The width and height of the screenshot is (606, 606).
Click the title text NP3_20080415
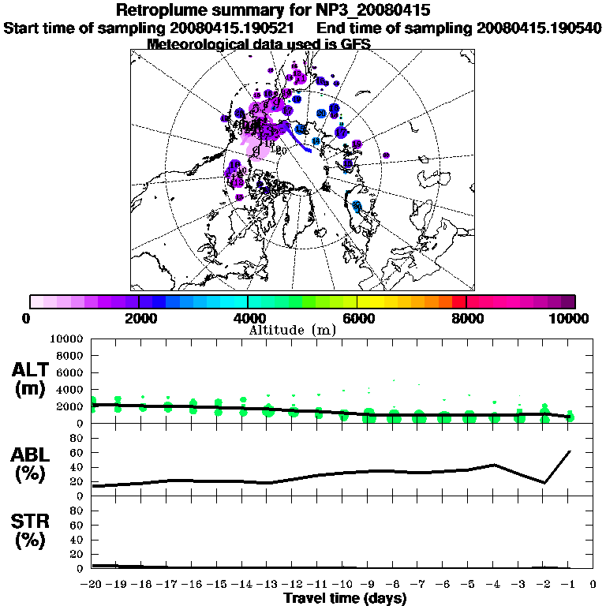(370, 11)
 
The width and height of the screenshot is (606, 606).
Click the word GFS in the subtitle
(355, 44)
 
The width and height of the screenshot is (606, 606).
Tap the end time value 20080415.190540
(539, 28)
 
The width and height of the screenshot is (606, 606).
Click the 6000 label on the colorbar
(357, 319)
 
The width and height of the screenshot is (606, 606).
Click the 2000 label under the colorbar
(138, 319)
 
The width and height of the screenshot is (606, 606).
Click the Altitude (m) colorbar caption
(294, 330)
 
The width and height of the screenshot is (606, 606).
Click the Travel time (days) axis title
(344, 599)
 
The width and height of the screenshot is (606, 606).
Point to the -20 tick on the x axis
(91, 585)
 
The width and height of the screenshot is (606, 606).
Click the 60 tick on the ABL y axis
(77, 453)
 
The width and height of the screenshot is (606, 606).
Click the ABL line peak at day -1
(569, 451)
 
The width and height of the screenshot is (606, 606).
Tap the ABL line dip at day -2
(544, 483)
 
